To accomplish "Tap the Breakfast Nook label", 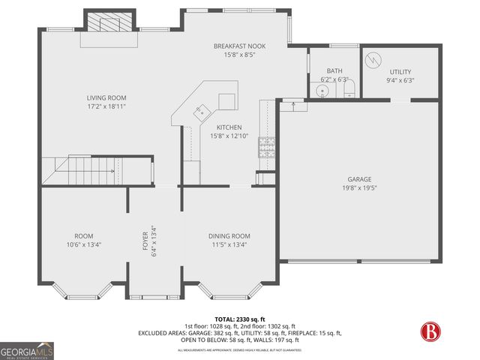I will click(239, 46).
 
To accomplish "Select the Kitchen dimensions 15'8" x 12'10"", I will click(230, 136).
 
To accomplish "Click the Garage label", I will click(359, 179).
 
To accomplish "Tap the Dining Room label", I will click(229, 235).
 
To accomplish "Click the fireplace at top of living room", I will click(110, 22).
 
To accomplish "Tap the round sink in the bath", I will click(323, 91).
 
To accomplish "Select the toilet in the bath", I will click(347, 91).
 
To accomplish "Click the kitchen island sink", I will click(200, 112).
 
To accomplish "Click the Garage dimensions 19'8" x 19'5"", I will click(359, 188).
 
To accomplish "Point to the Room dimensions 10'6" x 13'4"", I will click(83, 244).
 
